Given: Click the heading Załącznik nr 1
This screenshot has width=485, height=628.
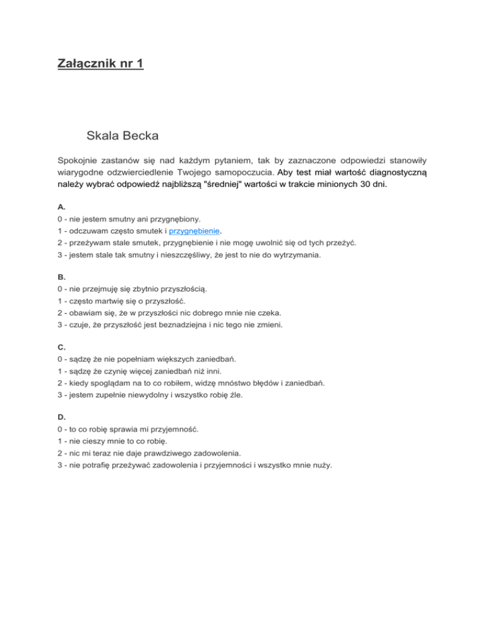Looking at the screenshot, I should [x=100, y=64].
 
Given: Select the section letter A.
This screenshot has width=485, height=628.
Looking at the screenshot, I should [x=61, y=206].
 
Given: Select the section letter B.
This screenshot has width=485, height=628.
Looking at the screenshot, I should [x=61, y=276].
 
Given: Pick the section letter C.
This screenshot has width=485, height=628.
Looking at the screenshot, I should [x=61, y=347].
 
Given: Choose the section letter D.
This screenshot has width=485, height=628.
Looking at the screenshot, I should [x=61, y=417].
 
